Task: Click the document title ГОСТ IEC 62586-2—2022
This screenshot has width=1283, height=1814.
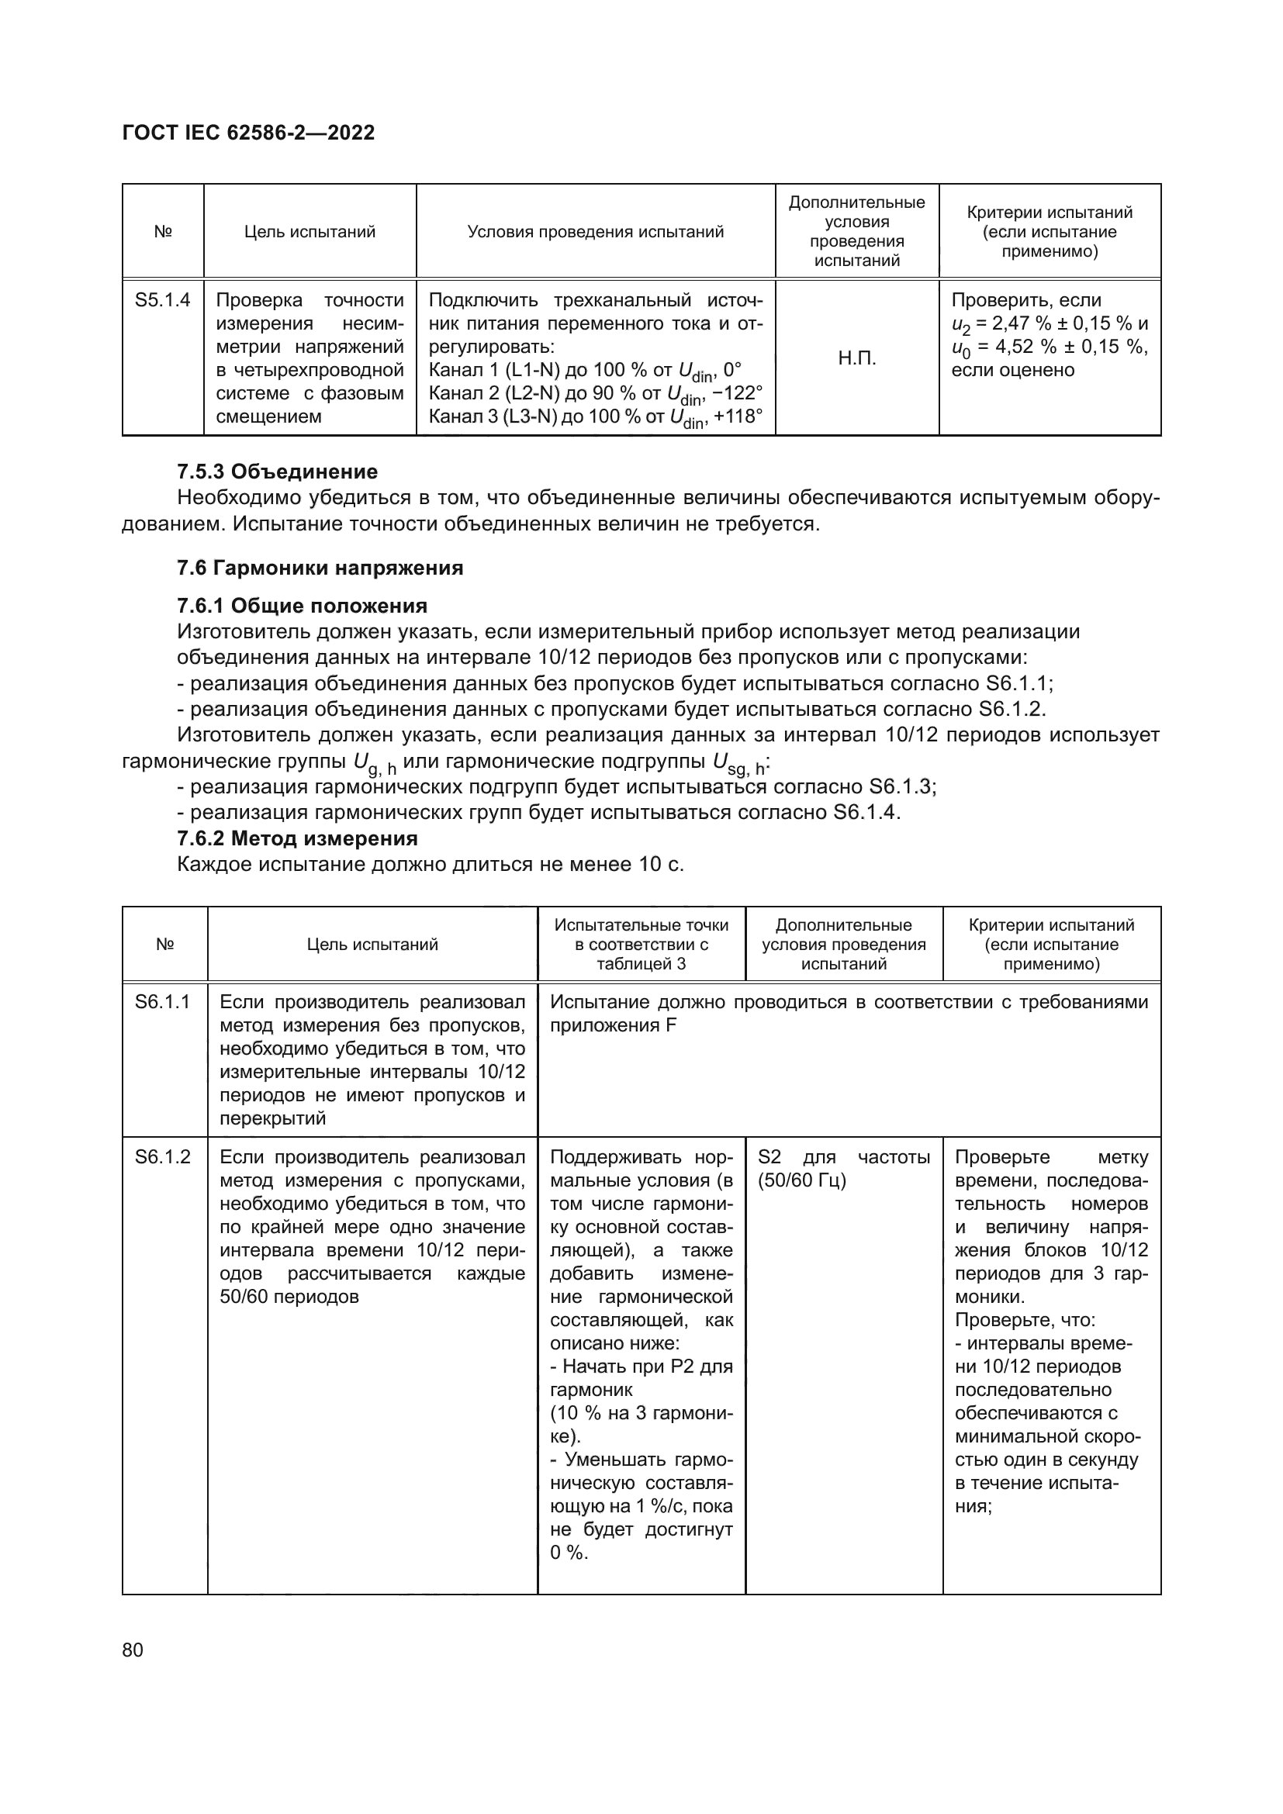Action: pos(248,133)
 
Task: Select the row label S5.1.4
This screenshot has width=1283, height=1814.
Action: pos(163,300)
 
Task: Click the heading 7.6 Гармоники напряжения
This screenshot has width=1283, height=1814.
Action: pos(320,567)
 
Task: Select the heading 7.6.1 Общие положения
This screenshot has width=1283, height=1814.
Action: pos(302,606)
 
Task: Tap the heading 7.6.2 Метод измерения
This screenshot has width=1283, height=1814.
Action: pos(297,838)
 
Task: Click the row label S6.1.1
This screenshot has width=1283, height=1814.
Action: pos(163,1002)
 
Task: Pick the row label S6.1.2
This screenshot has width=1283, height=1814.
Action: pos(163,1156)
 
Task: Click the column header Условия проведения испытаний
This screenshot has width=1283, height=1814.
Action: pos(596,231)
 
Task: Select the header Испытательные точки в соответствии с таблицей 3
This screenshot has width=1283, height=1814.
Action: pos(641,944)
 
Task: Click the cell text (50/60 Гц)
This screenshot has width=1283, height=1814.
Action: pos(801,1180)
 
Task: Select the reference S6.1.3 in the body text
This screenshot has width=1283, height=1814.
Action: pos(901,787)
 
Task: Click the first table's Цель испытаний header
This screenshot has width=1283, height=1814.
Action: pos(310,231)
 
